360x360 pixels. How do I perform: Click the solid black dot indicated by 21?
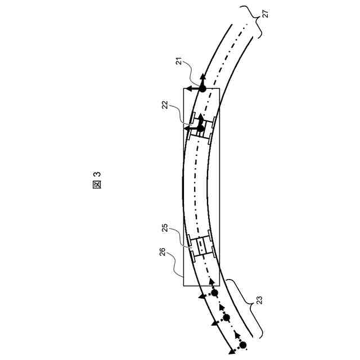coord(202,89)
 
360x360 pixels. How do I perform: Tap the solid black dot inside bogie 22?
coord(200,128)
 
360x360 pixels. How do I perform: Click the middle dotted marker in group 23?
coord(227,318)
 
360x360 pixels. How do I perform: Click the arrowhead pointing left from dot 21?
coord(188,89)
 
